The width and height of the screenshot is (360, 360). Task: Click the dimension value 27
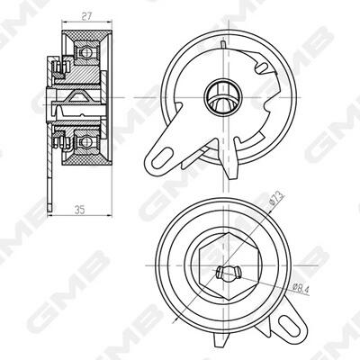pos(86,16)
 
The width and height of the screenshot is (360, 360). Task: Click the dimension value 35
pos(80,210)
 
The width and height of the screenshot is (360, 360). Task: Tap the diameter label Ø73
pos(276,198)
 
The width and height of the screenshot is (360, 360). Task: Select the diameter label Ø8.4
pos(301,288)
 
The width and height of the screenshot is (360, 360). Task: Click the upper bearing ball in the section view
pos(86,53)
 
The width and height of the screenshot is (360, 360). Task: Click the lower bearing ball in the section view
pos(86,141)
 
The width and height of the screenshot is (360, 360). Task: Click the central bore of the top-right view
pos(222,97)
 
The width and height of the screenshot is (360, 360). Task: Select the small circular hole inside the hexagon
pos(229,274)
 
